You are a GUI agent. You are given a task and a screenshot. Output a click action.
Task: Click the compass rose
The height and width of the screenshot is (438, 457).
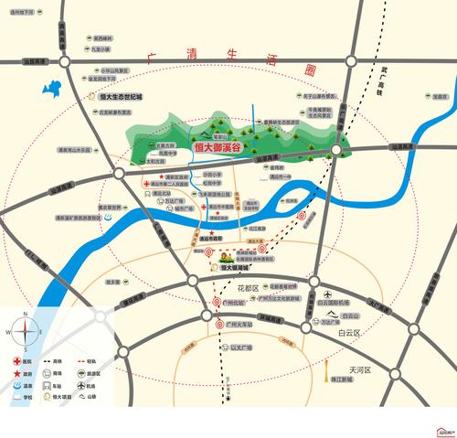[x=27, y=333]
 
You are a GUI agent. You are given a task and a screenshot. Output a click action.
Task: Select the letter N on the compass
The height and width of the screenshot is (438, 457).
[x=27, y=315]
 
